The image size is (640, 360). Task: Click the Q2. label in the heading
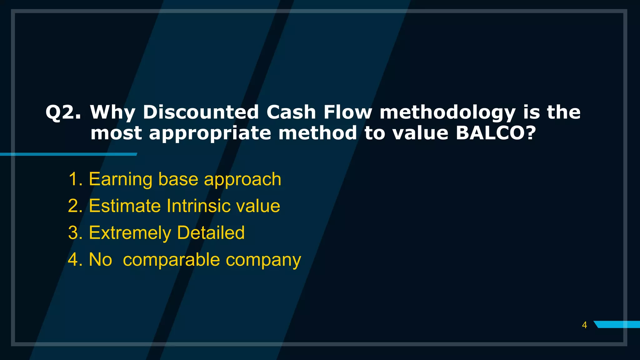[63, 112]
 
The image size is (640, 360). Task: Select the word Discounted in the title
[201, 112]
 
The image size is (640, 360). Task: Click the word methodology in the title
[447, 113]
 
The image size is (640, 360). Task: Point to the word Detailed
[211, 233]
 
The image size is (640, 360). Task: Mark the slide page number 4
[584, 325]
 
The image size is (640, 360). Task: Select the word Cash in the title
[291, 112]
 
